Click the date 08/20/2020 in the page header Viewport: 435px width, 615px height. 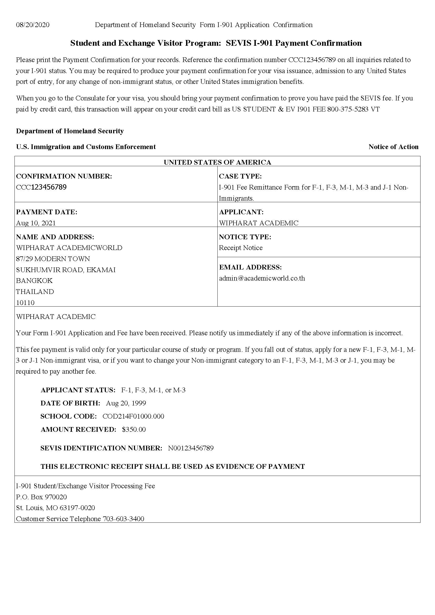33,25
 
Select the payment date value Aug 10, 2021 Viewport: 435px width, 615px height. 36,223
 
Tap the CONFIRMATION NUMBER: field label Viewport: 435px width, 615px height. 64,176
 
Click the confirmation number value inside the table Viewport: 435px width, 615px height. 41,187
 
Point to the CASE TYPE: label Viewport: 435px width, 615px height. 240,176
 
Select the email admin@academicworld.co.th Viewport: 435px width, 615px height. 262,278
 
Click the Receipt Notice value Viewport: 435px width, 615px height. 241,248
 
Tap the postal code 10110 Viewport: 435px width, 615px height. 25,303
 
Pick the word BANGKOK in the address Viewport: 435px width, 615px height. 34,281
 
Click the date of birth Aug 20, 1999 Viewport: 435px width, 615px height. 126,403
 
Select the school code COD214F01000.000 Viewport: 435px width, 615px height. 133,416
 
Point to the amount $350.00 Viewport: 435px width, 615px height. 134,429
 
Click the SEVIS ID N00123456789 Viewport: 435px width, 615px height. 191,448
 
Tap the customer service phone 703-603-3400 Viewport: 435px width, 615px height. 123,519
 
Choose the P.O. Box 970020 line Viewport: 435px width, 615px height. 42,497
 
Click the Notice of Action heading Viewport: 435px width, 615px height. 393,147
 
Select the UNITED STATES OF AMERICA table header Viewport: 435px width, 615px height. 217,162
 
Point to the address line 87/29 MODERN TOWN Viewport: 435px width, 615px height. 53,259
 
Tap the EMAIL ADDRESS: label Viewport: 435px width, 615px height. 250,267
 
